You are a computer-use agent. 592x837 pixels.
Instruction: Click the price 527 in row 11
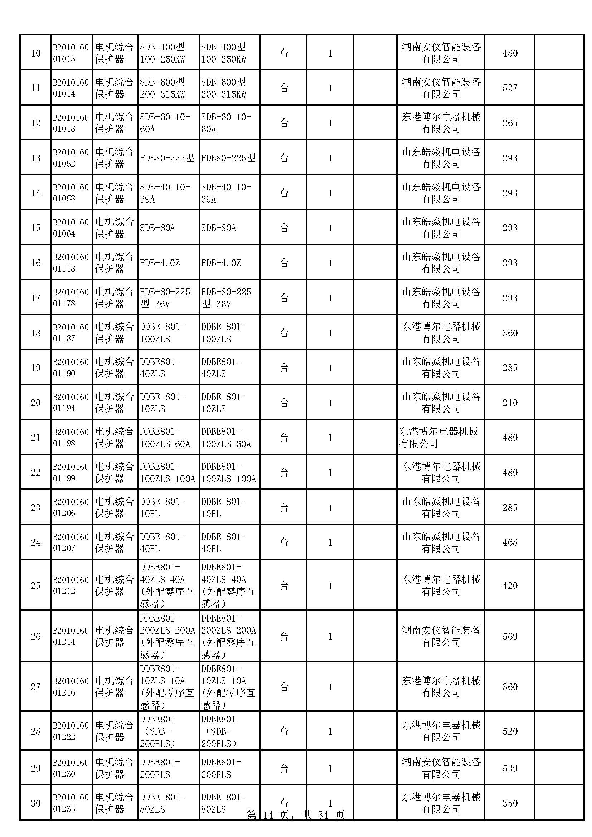pyautogui.click(x=510, y=88)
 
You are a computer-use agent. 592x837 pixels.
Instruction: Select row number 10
pyautogui.click(x=36, y=53)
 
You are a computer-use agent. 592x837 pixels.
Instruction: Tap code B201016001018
pyautogui.click(x=71, y=123)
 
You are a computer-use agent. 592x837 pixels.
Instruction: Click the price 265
pyautogui.click(x=510, y=123)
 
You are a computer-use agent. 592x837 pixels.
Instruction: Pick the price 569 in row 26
pyautogui.click(x=510, y=637)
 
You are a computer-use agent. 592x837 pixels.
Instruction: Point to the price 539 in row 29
pyautogui.click(x=510, y=768)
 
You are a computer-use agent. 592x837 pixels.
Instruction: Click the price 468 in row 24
pyautogui.click(x=510, y=542)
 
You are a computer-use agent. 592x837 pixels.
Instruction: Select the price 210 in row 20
pyautogui.click(x=510, y=403)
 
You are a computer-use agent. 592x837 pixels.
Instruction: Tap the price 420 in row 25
pyautogui.click(x=510, y=586)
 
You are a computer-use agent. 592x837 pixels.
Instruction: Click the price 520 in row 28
pyautogui.click(x=510, y=731)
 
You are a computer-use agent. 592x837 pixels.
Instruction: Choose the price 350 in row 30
pyautogui.click(x=510, y=803)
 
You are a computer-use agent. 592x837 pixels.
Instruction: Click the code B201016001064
pyautogui.click(x=71, y=228)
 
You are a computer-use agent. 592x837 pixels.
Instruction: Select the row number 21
pyautogui.click(x=36, y=437)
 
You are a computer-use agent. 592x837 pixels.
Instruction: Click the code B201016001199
pyautogui.click(x=71, y=472)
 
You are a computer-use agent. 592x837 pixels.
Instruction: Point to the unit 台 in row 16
pyautogui.click(x=284, y=263)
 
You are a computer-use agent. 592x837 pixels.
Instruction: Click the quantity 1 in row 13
pyautogui.click(x=330, y=158)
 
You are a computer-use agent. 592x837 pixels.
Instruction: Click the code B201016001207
pyautogui.click(x=71, y=542)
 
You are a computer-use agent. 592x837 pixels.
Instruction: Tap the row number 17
pyautogui.click(x=36, y=298)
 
